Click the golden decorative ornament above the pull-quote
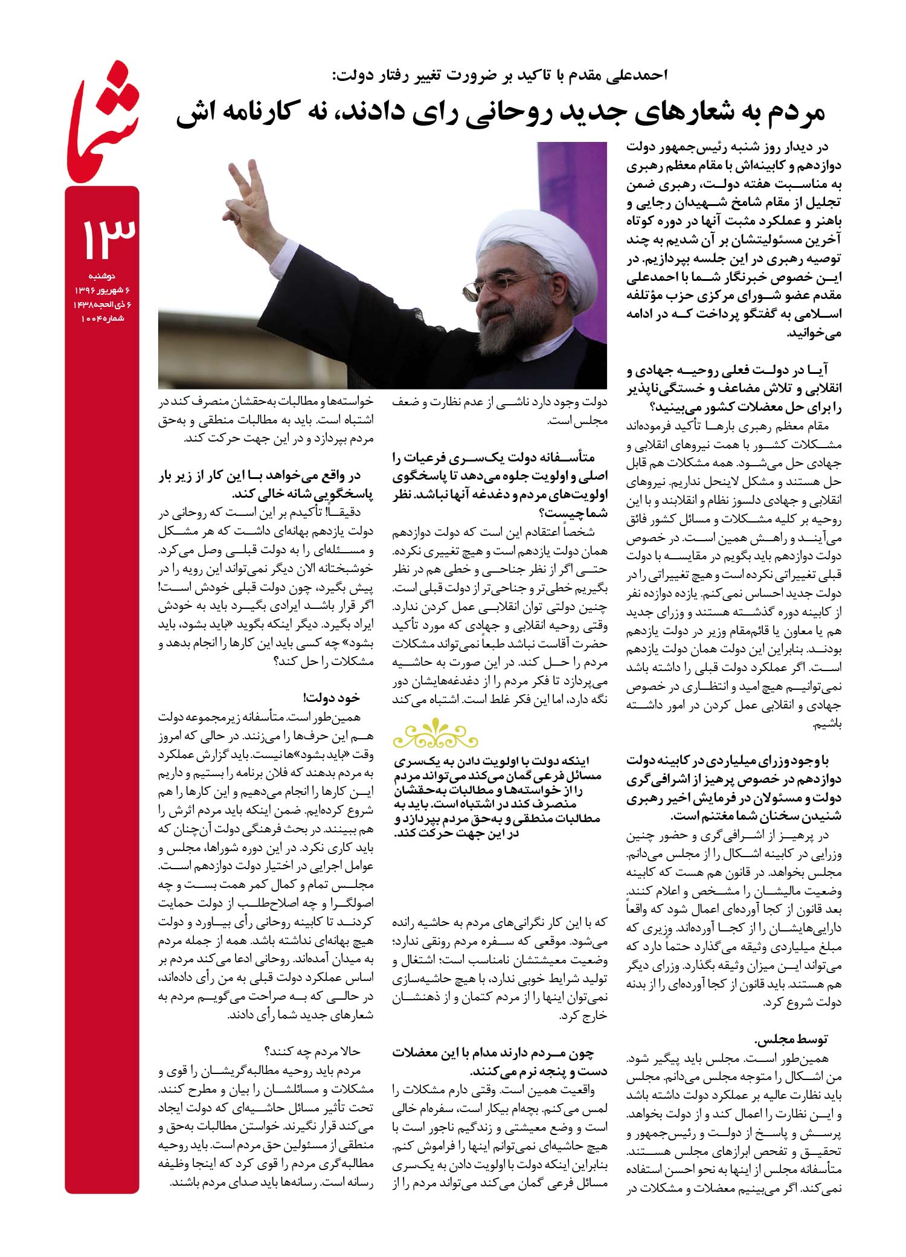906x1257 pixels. (435, 735)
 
